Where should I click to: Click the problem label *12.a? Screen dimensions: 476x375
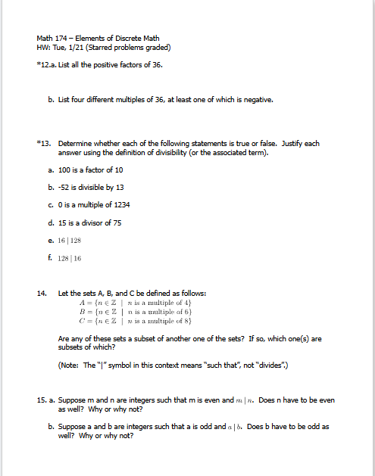(45, 65)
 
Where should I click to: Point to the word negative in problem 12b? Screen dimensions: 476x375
(255, 99)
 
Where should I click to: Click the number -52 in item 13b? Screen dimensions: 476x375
(65, 187)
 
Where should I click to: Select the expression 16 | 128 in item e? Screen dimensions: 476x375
(70, 241)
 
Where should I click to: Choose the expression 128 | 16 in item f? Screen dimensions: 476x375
(70, 258)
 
